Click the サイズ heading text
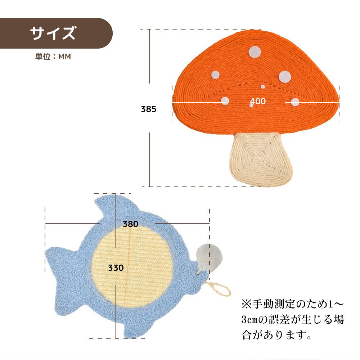53,33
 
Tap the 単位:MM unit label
53,57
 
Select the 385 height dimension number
148,109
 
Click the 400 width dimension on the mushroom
258,102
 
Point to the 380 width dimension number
130,224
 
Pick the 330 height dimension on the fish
116,268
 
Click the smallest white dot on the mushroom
263,87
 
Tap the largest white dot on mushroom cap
285,76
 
